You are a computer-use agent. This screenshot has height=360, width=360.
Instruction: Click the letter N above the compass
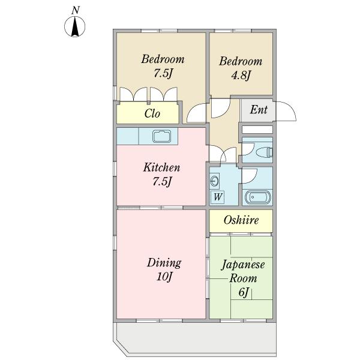click(76, 10)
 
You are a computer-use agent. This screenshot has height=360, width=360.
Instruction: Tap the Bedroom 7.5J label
click(162, 67)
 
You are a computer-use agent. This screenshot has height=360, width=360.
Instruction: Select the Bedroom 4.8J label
click(240, 68)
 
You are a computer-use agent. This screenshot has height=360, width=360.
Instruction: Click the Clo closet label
click(152, 113)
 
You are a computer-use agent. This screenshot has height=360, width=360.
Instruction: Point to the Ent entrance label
click(258, 110)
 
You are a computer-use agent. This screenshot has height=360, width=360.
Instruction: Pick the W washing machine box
click(217, 196)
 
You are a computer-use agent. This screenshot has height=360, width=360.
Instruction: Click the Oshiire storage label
click(241, 221)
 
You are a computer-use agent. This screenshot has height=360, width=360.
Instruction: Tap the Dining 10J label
click(164, 269)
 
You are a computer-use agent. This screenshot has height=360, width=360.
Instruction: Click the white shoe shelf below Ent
click(257, 129)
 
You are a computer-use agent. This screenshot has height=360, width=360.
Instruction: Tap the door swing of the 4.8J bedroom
click(220, 107)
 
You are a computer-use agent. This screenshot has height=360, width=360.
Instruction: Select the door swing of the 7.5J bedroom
click(196, 114)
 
